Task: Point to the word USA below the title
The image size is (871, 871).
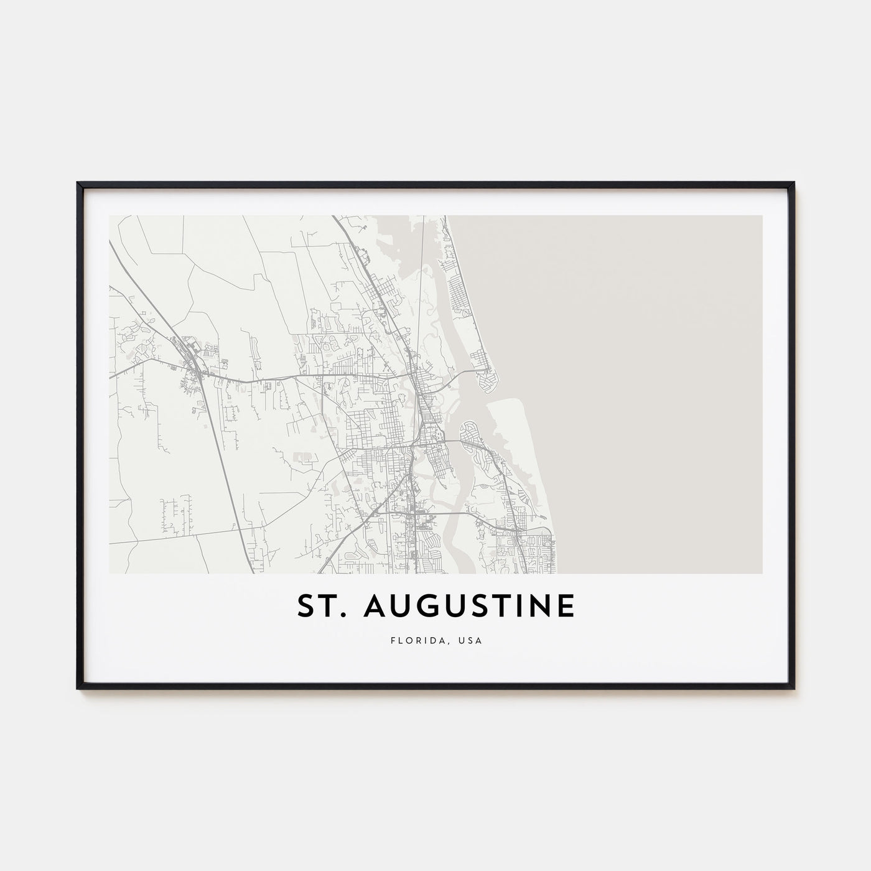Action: pos(470,639)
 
